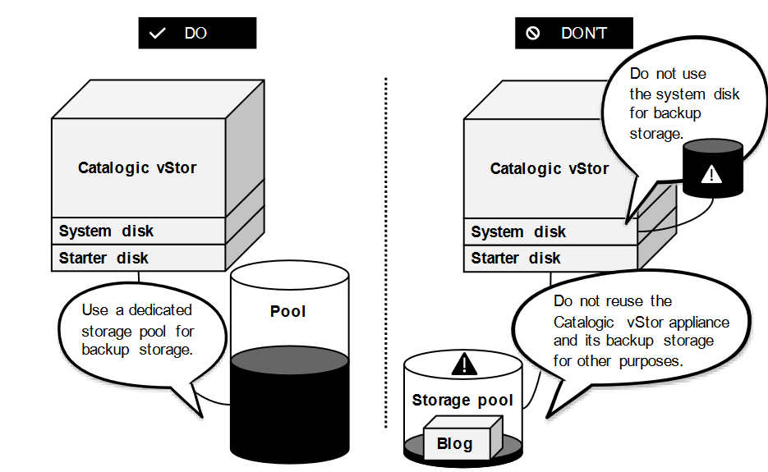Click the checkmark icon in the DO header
(x=159, y=34)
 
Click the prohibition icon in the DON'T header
(x=533, y=34)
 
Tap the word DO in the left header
(x=195, y=34)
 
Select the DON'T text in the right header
(x=584, y=34)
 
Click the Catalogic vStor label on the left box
(x=137, y=168)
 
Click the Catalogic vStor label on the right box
(x=550, y=169)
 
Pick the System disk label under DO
(x=106, y=231)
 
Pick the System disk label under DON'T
(x=518, y=232)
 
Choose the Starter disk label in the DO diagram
(x=103, y=258)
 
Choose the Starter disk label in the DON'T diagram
(x=516, y=258)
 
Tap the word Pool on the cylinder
(x=287, y=312)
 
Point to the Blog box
(x=455, y=443)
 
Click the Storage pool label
(x=462, y=401)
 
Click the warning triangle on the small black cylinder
(x=712, y=174)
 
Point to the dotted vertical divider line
(x=386, y=246)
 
